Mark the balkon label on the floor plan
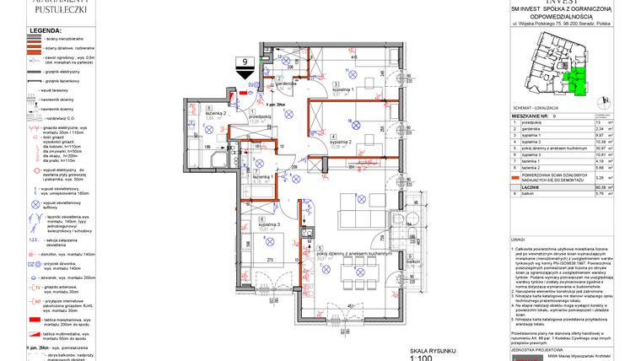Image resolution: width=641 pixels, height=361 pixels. tap(412, 262)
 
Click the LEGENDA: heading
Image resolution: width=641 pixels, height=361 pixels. tap(46, 30)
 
